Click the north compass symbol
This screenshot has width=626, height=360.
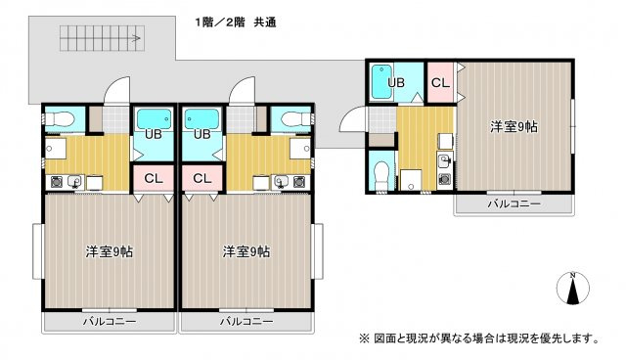point(573,289)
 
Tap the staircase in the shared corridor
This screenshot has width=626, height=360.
point(102,38)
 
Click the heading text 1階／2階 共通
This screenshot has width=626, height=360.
point(236,22)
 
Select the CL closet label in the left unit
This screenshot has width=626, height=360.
point(154,178)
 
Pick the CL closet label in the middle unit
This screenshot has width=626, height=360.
point(202,178)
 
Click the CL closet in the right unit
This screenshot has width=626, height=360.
point(440,82)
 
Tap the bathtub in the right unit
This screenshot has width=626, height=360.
point(382,81)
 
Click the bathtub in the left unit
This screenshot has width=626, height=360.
point(154,118)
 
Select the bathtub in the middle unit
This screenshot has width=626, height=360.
point(202,118)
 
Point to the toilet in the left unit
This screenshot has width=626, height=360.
point(60,118)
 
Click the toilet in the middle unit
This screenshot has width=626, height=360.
point(295,118)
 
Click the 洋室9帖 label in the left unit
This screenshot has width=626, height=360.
point(109,251)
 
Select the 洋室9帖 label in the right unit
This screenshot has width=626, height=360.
point(514,127)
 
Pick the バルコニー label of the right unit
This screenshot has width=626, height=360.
point(514,203)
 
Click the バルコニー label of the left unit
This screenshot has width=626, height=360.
point(110,321)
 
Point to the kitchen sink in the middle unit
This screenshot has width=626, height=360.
point(281,182)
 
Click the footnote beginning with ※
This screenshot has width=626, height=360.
point(479,338)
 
